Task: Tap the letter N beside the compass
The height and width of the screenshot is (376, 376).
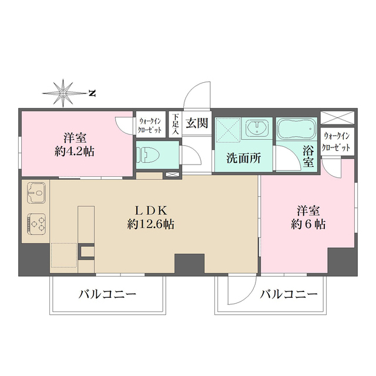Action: click(x=92, y=92)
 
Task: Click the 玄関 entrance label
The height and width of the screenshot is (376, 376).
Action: click(x=197, y=123)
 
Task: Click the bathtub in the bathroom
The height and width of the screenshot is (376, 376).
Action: click(x=296, y=128)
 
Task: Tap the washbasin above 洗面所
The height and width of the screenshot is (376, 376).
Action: click(x=257, y=129)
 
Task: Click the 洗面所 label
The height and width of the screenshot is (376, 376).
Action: click(x=241, y=157)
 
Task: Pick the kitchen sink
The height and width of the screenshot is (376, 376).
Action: click(x=36, y=192)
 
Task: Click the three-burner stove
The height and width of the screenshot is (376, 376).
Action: click(x=36, y=223)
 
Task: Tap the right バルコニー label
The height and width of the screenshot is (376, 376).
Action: click(x=288, y=294)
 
